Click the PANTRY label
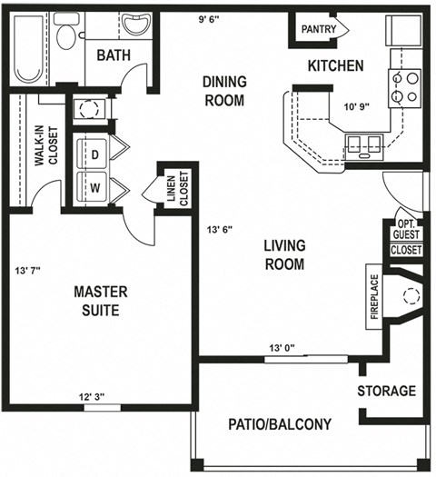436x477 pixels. [319, 30]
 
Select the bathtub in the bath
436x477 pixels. [26, 45]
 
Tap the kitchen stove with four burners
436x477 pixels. [404, 86]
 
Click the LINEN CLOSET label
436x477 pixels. [177, 189]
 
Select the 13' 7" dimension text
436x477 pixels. [28, 270]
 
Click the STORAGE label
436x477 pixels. [386, 392]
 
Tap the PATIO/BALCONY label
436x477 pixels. [279, 423]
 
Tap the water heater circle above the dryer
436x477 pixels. [91, 108]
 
